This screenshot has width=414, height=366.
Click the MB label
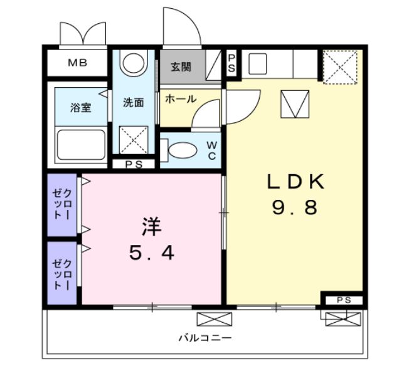click(x=78, y=63)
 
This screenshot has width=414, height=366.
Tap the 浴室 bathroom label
click(x=80, y=107)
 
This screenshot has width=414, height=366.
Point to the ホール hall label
click(x=181, y=98)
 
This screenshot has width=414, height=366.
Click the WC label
click(x=212, y=151)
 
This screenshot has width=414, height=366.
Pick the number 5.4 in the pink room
click(x=151, y=253)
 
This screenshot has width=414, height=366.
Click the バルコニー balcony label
click(x=204, y=338)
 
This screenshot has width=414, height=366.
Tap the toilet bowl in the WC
click(x=183, y=151)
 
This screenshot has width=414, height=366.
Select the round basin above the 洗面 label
click(x=133, y=63)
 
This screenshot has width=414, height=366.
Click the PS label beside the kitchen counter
click(x=231, y=63)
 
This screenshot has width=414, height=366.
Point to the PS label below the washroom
click(x=133, y=164)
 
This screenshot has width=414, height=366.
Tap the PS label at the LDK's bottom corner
click(x=342, y=299)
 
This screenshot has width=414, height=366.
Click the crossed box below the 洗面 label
click(x=133, y=139)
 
